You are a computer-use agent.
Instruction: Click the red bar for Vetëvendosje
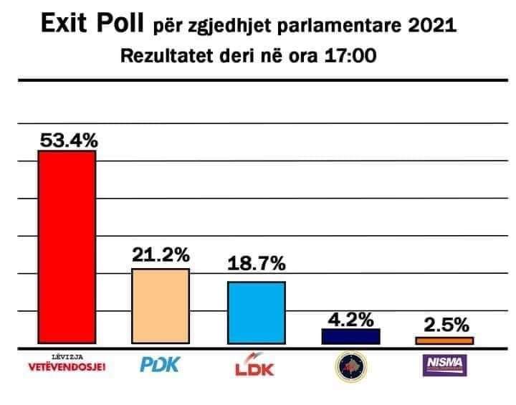click(67, 249)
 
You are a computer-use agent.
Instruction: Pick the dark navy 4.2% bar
click(350, 337)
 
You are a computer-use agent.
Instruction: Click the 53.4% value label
click(67, 140)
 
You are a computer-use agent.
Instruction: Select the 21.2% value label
click(161, 254)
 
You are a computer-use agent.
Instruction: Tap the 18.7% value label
click(257, 264)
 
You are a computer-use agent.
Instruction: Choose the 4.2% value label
click(350, 318)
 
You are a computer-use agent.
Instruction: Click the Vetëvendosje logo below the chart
click(66, 365)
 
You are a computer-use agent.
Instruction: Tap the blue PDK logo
click(158, 366)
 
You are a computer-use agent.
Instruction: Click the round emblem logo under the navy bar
click(350, 367)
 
